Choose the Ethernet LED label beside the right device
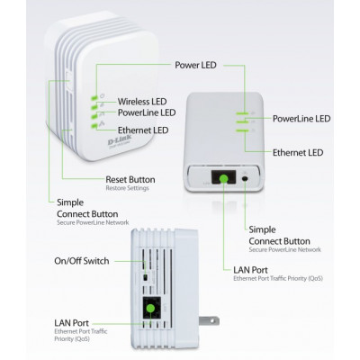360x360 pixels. [x=299, y=153]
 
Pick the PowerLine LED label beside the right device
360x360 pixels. [x=301, y=119]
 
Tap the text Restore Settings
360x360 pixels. [x=126, y=188]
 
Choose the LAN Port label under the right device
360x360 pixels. [x=251, y=270]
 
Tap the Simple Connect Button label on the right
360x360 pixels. [x=274, y=236]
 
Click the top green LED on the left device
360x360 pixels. [x=93, y=98]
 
